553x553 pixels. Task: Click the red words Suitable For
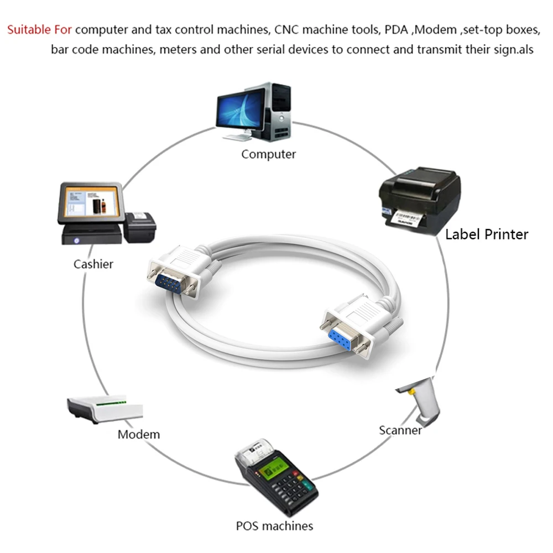39,29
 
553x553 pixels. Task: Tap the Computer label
268,154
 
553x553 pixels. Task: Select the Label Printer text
487,234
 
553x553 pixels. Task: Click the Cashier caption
93,264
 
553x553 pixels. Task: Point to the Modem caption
138,434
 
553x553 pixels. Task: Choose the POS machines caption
274,525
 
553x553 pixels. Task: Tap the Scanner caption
400,430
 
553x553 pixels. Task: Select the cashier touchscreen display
90,203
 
